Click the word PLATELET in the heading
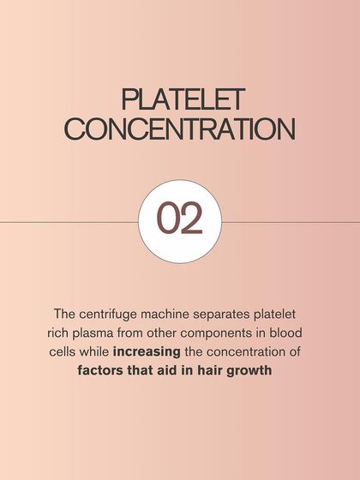coord(180,99)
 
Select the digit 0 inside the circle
coord(167,220)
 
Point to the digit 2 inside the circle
coord(192,220)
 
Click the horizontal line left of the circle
coord(69,221)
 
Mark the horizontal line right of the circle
coord(291,221)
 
